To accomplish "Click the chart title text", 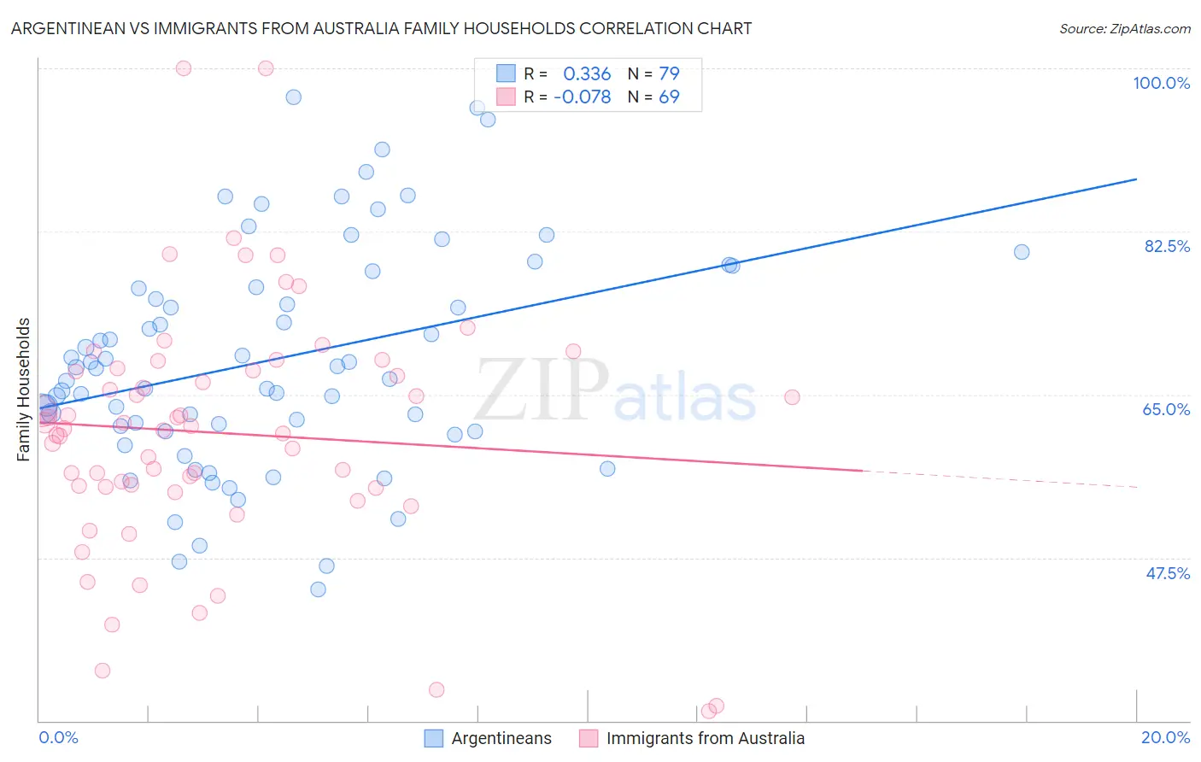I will point(381,28).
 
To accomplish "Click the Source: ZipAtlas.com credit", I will point(1124,29).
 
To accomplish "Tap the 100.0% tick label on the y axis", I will point(1161,83).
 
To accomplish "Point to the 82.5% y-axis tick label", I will point(1167,246).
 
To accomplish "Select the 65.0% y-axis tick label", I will point(1166,409).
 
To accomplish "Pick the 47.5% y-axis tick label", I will point(1167,573).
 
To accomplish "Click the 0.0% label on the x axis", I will point(58,737).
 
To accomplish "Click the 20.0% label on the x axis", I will point(1165,737).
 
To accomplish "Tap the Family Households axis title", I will point(24,390).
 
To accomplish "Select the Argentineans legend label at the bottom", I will point(501,738).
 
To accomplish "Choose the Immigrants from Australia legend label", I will point(705,738).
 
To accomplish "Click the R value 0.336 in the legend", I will point(587,73).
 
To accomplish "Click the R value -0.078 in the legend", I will point(582,97).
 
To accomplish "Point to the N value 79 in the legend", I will point(669,73).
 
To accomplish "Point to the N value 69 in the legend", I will point(669,97).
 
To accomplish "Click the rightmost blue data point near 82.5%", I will point(1021,252).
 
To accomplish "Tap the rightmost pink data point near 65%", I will point(792,397).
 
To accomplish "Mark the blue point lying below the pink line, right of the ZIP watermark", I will point(607,468).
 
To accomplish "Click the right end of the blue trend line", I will point(1136,179).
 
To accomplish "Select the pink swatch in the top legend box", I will point(506,97).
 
